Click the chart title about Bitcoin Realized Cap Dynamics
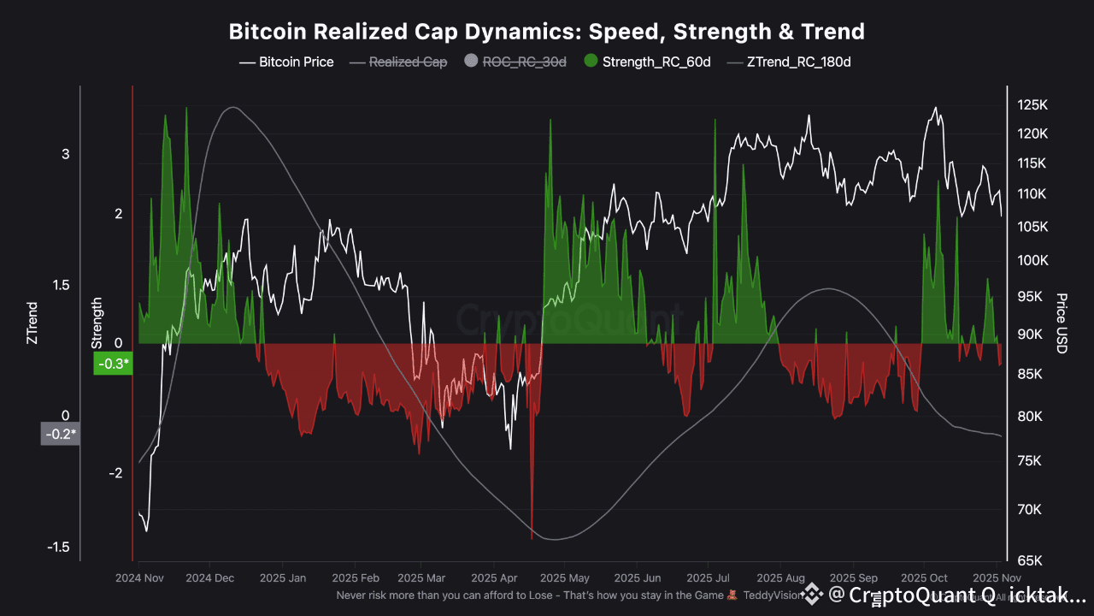click(546, 32)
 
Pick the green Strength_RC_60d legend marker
click(591, 62)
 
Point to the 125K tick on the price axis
click(1031, 104)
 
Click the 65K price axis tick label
click(1031, 561)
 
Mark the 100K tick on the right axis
click(1031, 260)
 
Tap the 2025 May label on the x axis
click(567, 578)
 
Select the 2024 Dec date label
click(209, 578)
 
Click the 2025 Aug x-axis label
click(782, 578)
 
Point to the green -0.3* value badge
click(113, 364)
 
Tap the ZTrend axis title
click(32, 323)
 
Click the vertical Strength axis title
click(97, 323)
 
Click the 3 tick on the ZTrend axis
click(65, 154)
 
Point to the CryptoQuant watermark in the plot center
click(568, 319)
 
